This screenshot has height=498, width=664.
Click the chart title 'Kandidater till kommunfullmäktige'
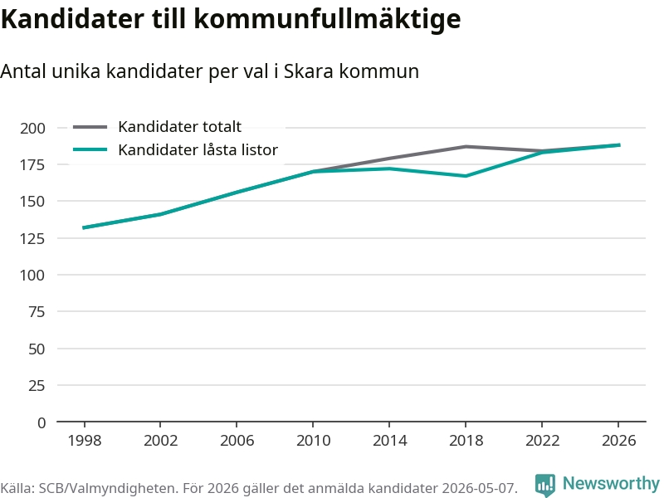231,18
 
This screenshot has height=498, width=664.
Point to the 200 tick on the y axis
32,128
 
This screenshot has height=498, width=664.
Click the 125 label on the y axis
32,238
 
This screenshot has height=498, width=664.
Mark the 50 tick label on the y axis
37,349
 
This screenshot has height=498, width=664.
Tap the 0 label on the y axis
41,422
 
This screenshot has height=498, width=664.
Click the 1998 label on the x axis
85,441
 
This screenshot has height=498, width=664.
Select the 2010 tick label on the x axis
313,441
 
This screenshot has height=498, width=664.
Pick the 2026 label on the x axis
618,441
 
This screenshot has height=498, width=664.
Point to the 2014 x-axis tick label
389,441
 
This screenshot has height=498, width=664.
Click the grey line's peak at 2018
466,147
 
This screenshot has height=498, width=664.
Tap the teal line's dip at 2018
466,176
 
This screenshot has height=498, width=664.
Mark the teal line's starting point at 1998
84,227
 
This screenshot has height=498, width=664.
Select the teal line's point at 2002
160,214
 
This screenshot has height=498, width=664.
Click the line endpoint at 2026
619,145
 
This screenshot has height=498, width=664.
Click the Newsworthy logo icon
545,485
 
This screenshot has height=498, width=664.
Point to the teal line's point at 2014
389,168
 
